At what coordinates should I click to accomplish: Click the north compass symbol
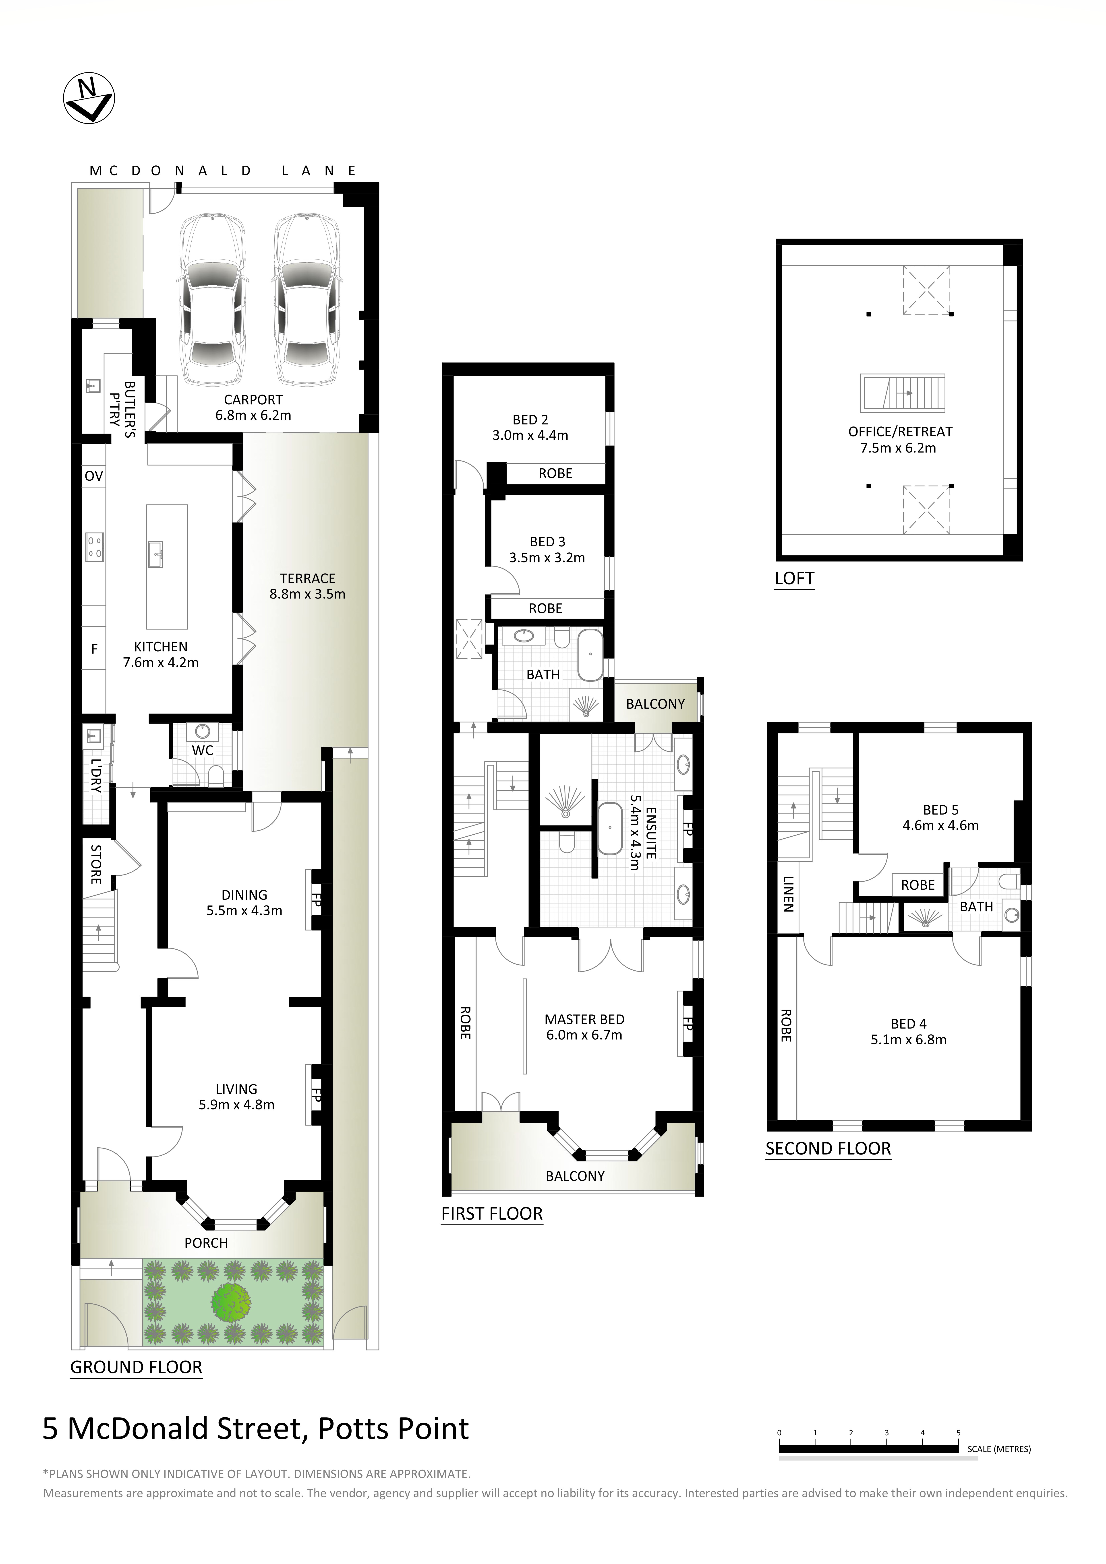point(89,99)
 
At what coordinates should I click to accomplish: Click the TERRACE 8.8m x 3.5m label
point(307,586)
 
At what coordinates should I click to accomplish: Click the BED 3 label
point(547,541)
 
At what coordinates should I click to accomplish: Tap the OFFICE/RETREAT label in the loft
point(899,431)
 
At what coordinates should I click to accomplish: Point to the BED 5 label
point(940,810)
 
